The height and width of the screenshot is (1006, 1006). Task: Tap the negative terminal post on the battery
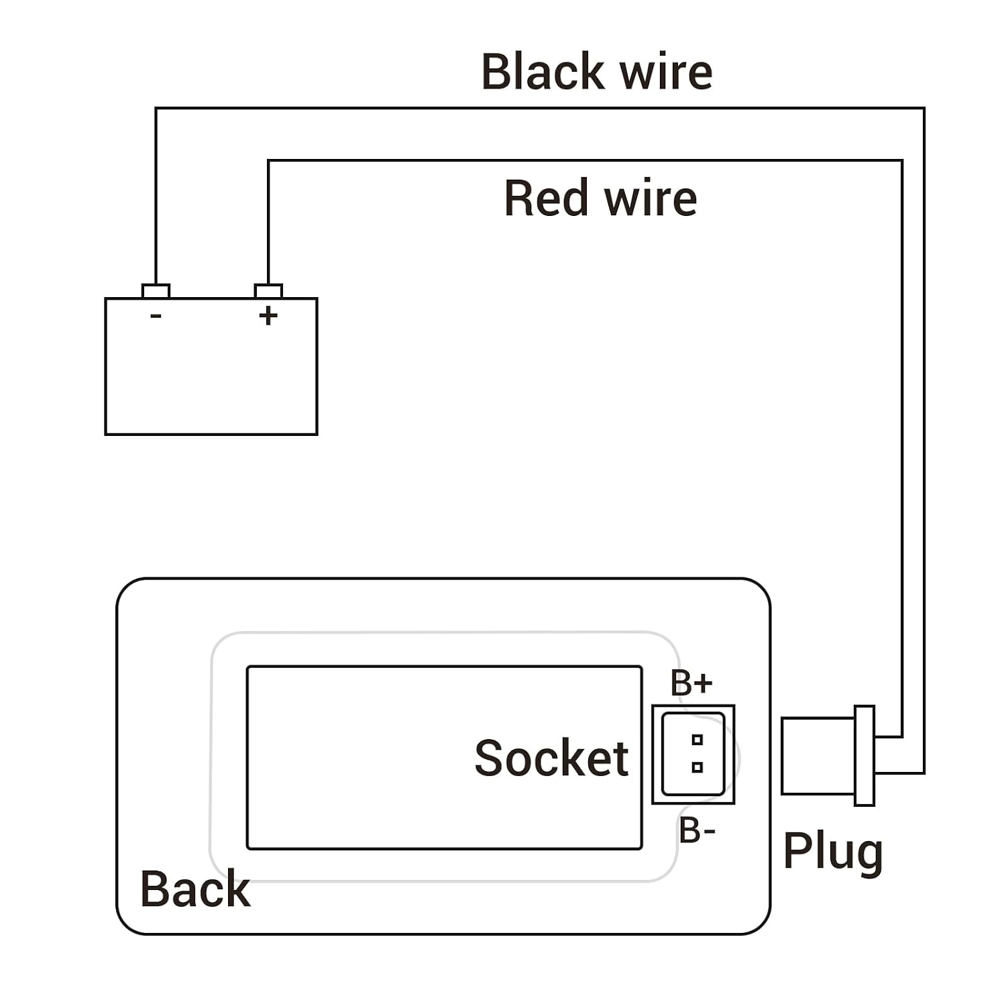[x=156, y=291]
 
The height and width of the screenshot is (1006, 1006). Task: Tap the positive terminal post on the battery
[x=268, y=291]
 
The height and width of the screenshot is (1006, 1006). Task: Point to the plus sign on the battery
[x=268, y=315]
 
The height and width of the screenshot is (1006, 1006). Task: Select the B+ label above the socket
[x=691, y=683]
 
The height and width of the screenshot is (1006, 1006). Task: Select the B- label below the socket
[x=697, y=830]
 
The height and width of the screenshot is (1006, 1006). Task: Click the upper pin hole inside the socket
[x=697, y=740]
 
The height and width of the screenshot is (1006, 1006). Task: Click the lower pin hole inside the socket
[x=697, y=767]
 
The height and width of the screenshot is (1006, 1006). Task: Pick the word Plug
[x=833, y=852]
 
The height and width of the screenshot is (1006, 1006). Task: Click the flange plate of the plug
[x=864, y=755]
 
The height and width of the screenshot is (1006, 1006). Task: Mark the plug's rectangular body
[x=818, y=756]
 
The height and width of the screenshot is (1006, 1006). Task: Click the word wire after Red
[x=651, y=199]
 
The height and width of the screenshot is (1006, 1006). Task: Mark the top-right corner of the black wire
[x=924, y=108]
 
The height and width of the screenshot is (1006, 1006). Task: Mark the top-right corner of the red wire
[x=902, y=160]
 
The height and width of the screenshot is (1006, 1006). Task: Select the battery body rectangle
[x=211, y=366]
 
